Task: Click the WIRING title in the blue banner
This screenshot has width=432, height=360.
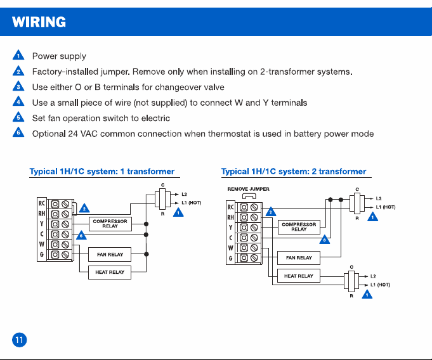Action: [39, 22]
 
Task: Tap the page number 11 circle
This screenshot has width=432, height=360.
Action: [19, 340]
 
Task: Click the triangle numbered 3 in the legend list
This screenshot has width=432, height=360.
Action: [18, 86]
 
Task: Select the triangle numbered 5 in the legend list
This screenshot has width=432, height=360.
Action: [18, 117]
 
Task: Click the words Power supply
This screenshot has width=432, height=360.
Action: [59, 56]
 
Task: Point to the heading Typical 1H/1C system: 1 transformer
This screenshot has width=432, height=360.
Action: [102, 172]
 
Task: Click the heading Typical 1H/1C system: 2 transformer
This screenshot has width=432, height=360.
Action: [294, 172]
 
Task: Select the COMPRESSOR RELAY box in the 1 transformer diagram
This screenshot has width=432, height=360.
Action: [110, 224]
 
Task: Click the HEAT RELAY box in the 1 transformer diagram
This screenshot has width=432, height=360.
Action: [110, 272]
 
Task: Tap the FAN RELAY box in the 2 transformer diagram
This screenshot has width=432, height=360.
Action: [299, 258]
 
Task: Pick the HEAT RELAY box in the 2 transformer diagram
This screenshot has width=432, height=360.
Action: [299, 276]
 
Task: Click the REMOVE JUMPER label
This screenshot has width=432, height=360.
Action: [248, 189]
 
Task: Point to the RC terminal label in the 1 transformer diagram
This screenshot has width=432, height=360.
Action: [42, 203]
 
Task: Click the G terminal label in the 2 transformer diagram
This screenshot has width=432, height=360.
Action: [231, 258]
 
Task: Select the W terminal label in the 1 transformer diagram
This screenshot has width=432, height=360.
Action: [42, 244]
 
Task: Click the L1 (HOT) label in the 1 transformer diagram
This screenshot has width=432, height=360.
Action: [191, 203]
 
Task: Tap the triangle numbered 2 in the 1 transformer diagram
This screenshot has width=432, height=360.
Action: [84, 209]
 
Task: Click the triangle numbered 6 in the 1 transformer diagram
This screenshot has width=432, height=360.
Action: [81, 235]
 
